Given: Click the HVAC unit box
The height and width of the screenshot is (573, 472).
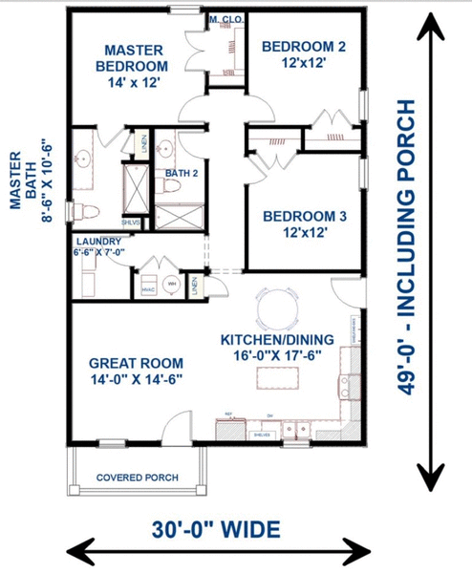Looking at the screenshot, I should pos(148,286).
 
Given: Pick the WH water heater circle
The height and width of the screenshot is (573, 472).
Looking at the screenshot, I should pos(173,285).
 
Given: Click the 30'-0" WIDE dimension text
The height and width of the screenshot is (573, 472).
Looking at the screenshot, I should pos(217,527).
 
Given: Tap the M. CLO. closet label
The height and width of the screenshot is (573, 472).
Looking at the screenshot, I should pos(225,19).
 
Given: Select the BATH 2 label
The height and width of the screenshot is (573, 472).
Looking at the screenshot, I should pos(182,173).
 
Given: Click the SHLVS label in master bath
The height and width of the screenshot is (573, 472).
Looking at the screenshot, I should pos(131,222).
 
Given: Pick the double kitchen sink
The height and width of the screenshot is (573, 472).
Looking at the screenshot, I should pos(300,427).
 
